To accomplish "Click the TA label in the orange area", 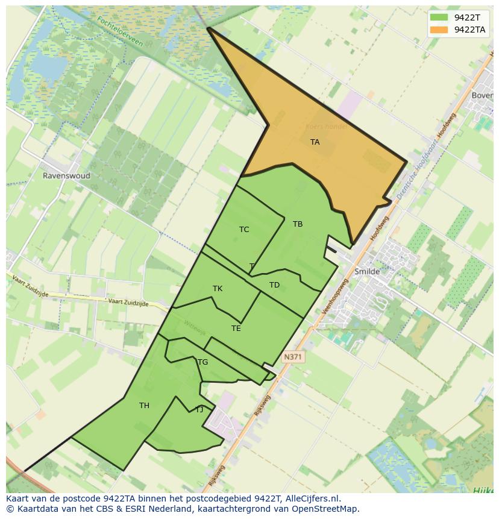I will (x=315, y=142).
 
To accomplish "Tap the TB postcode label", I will (x=298, y=224).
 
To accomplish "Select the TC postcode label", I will (x=244, y=230).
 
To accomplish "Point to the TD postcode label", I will (x=274, y=285).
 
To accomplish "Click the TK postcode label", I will (x=218, y=289).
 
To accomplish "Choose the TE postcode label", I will (x=236, y=329).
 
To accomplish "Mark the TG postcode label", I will (x=202, y=362).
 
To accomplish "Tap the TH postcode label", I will (x=144, y=406).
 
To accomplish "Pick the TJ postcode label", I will (x=199, y=410).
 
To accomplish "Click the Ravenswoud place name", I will (x=66, y=176).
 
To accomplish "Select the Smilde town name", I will (x=367, y=271).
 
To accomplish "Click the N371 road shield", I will (x=292, y=357).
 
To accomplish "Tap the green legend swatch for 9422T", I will (x=439, y=17).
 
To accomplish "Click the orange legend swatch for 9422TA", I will (x=439, y=29).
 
